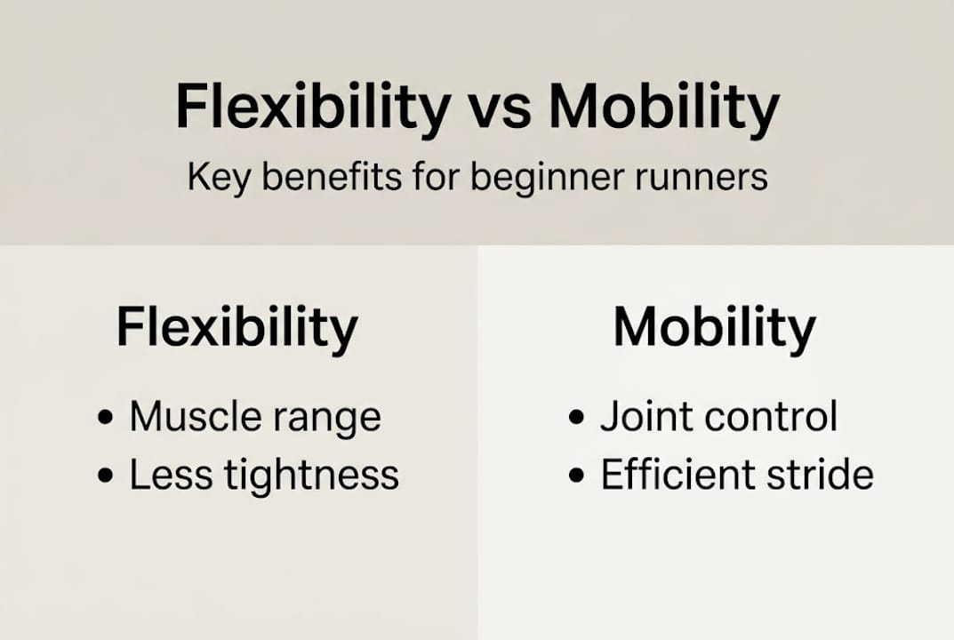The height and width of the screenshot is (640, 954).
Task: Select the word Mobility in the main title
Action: (664, 108)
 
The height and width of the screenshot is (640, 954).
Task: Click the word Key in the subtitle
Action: (218, 179)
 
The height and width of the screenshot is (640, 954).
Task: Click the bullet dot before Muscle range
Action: (105, 418)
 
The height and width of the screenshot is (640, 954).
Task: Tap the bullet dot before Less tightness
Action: (105, 476)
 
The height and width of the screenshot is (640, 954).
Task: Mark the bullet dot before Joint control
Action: (576, 418)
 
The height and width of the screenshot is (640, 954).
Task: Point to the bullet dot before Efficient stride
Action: (576, 476)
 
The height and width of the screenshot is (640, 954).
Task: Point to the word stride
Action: (820, 474)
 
